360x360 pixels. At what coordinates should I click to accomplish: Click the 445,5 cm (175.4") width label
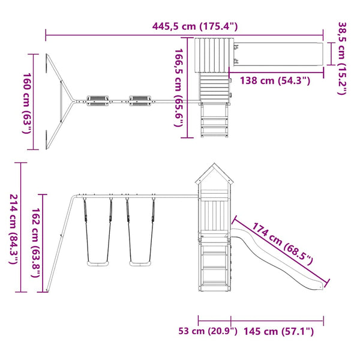point(195,26)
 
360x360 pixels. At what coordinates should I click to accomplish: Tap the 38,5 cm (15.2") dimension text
point(342,58)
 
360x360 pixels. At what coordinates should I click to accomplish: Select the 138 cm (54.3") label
point(275,81)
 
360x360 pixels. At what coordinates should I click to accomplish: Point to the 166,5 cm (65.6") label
point(178,88)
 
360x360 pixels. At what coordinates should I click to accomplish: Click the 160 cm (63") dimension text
point(26,103)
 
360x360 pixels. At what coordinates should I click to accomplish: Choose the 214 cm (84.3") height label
point(14,229)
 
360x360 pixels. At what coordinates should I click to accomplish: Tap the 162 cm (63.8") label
point(36,242)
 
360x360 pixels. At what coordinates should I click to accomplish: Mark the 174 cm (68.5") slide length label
point(283,244)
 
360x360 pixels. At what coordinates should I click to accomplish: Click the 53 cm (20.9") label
point(208,331)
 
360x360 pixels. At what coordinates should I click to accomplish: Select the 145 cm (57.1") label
point(278,332)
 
